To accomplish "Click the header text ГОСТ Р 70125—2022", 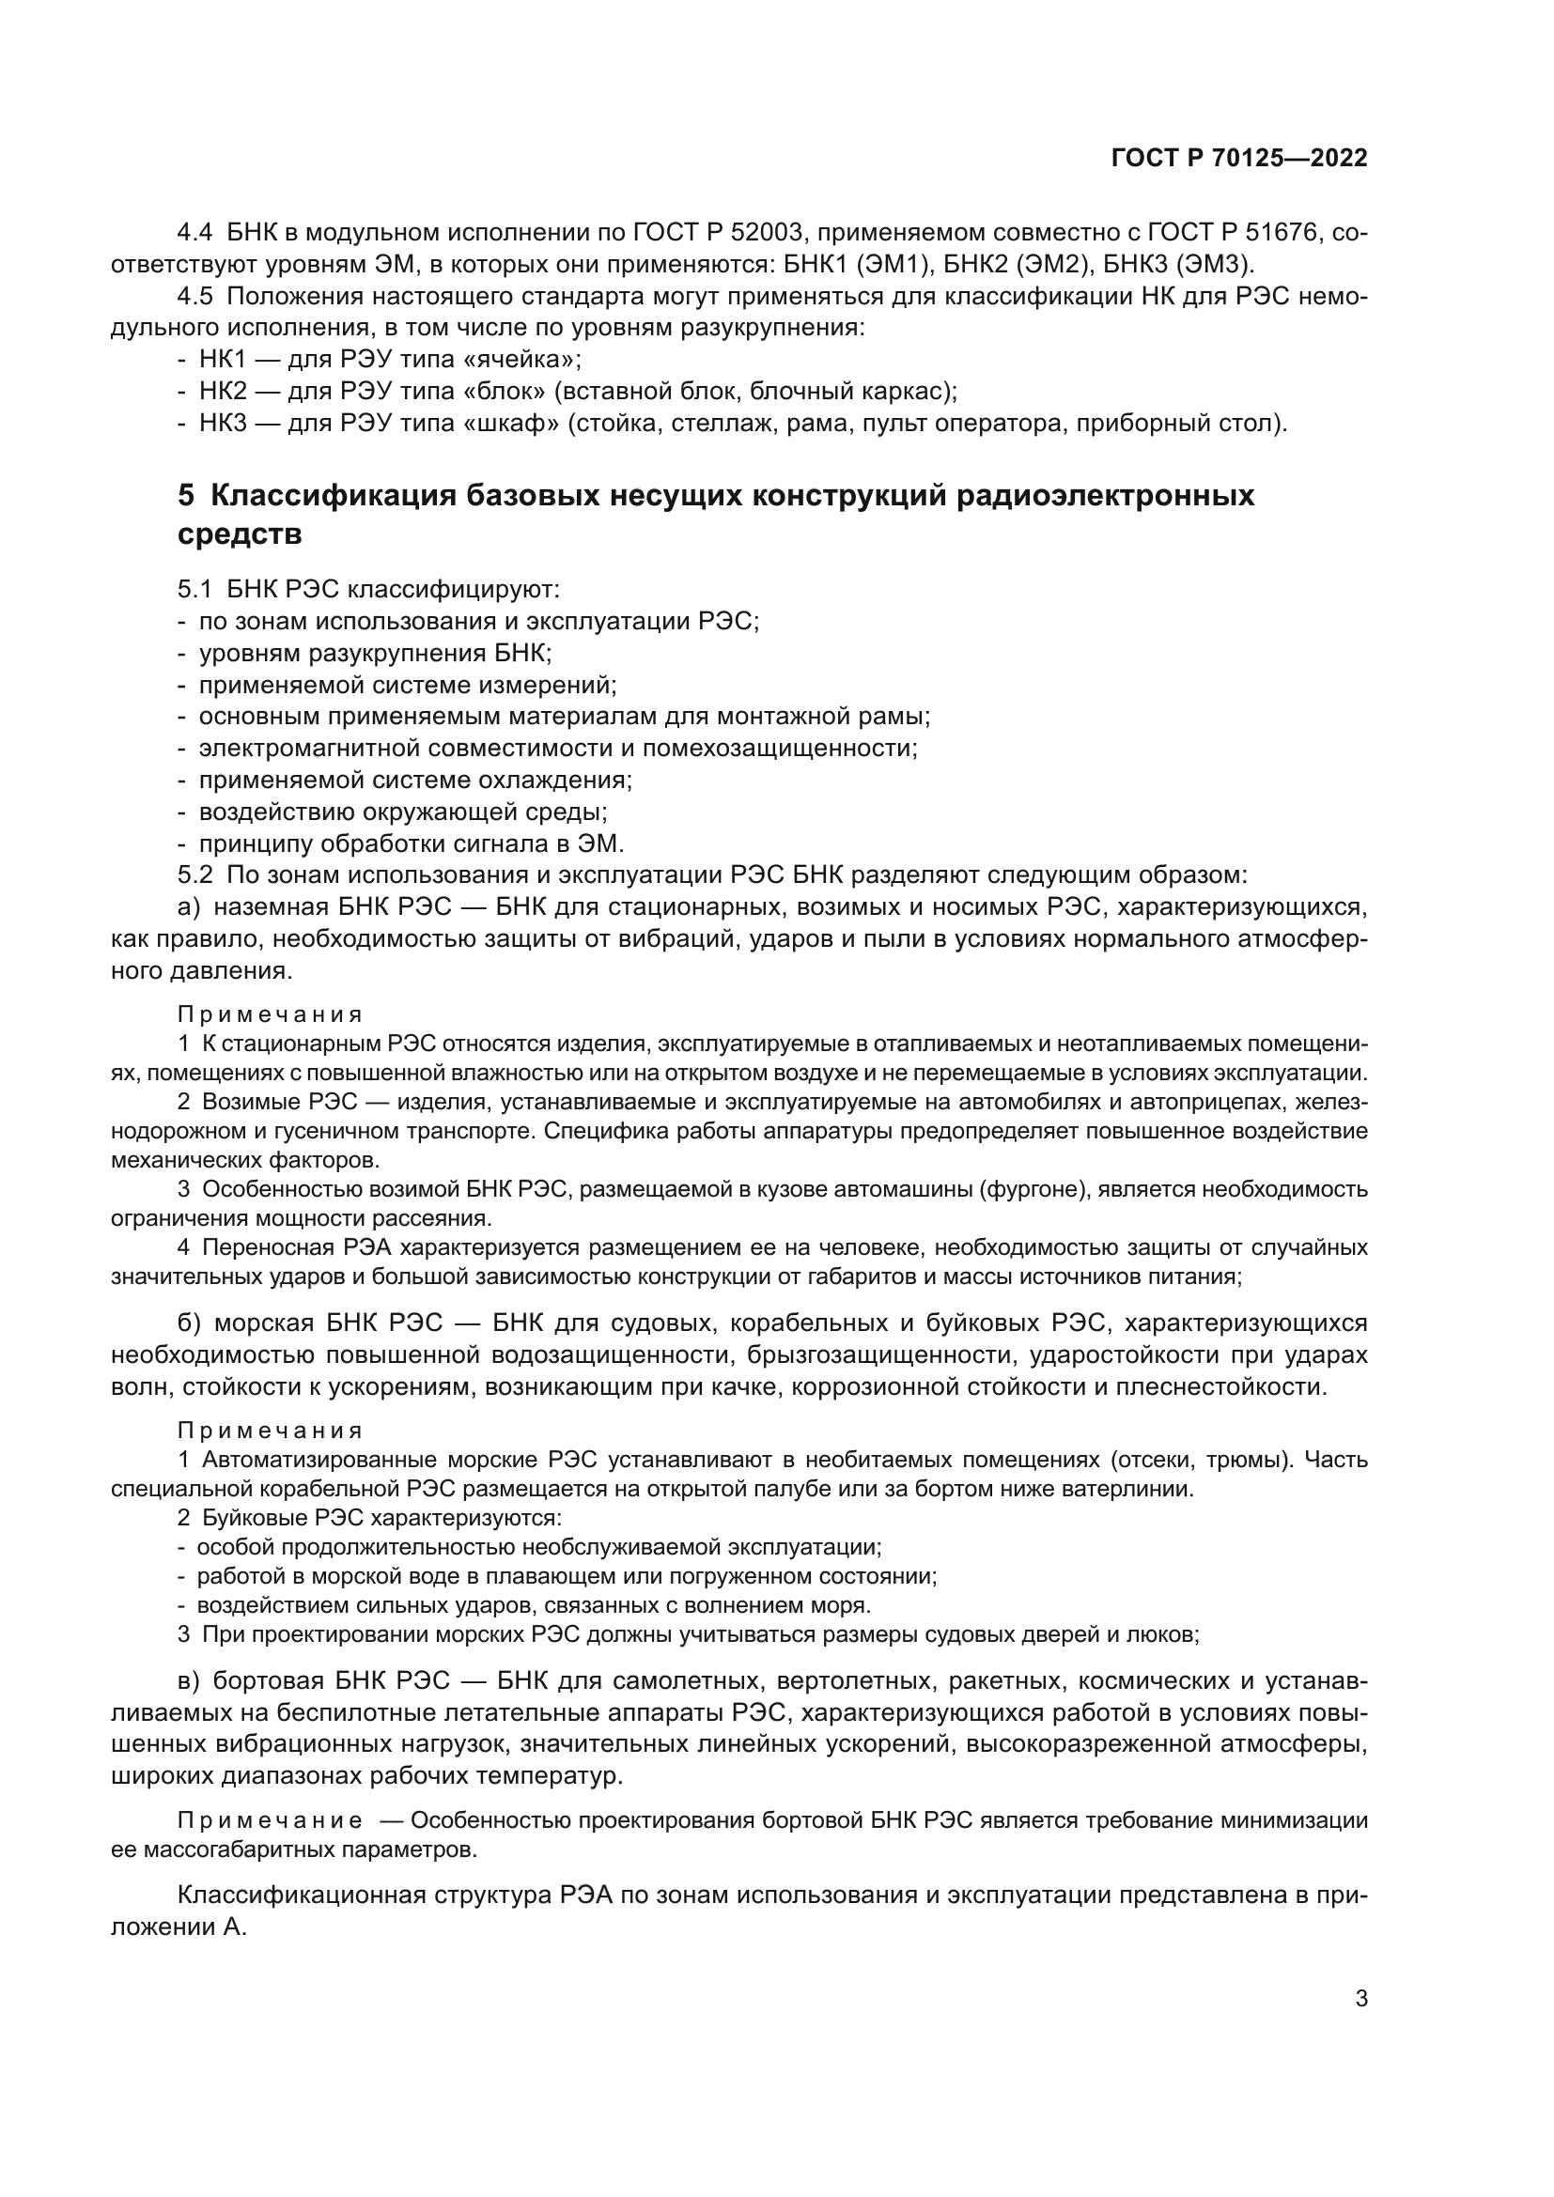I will click(1239, 159).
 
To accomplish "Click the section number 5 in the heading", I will click(186, 496).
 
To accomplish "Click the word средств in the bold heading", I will click(240, 534).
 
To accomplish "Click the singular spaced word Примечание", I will click(270, 1820).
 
